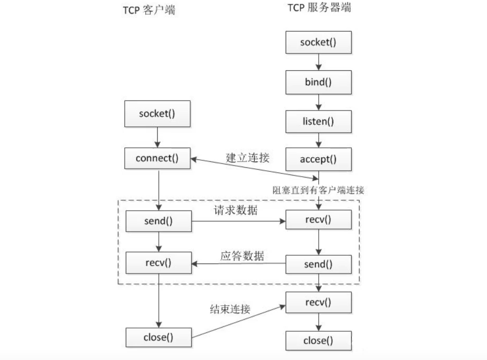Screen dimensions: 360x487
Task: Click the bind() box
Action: (x=318, y=82)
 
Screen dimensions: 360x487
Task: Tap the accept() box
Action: (x=318, y=158)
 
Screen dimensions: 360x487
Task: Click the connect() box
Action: (x=158, y=158)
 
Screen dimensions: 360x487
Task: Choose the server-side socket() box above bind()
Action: (x=318, y=42)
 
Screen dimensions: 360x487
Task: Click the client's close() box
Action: (x=158, y=337)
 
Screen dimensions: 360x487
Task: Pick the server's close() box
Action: (x=318, y=341)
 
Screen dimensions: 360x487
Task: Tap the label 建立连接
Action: (x=247, y=157)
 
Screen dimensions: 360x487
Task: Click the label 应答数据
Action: (x=241, y=256)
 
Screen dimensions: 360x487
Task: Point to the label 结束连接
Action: (x=226, y=309)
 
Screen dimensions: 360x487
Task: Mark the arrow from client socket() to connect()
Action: (x=158, y=137)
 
